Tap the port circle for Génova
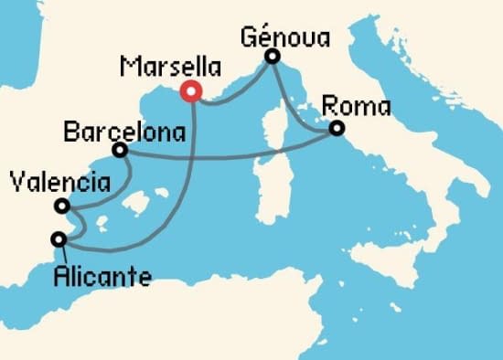click(272, 58)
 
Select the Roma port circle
click(337, 129)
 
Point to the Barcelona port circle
click(119, 149)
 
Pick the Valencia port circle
click(61, 206)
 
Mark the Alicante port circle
click(59, 239)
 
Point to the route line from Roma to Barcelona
click(229, 155)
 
